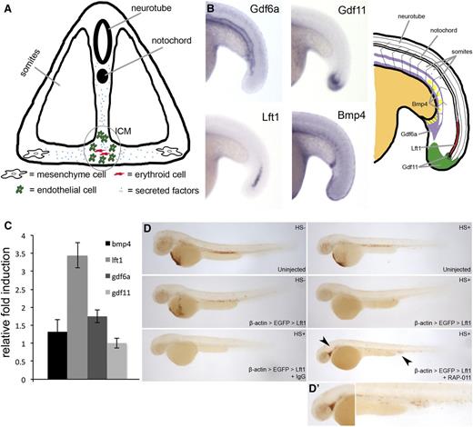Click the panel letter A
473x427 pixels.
pos(6,8)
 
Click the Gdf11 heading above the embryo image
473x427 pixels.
pos(315,14)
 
